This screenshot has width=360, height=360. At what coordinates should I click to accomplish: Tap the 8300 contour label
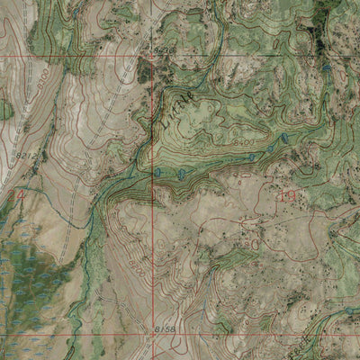[x=42, y=82]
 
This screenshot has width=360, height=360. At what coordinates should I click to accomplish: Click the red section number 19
[x=287, y=194]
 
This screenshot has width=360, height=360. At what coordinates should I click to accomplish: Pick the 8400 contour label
[x=241, y=144]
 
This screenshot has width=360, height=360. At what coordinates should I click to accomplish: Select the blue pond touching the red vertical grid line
[x=157, y=171]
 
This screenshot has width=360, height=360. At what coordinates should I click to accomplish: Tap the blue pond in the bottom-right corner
[x=348, y=310]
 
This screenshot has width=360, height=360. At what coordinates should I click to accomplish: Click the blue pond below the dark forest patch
[x=326, y=67]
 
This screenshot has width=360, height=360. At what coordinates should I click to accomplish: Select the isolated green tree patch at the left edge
[x=5, y=110]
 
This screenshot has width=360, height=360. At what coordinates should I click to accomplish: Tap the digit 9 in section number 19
[x=292, y=194]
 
